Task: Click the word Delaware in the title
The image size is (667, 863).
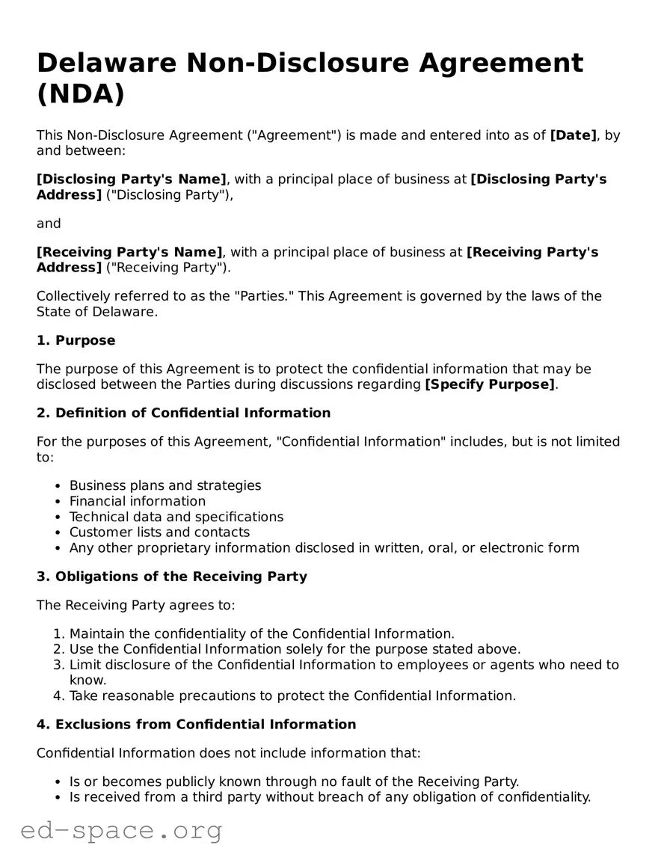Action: [105, 62]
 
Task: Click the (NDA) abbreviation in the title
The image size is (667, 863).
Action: [81, 95]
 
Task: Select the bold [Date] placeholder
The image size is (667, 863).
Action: [574, 135]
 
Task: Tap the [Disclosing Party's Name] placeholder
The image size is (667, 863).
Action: [132, 179]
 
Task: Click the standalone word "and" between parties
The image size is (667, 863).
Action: [49, 224]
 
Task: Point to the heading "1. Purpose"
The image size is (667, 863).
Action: [76, 341]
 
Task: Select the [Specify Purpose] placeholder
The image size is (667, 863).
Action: [490, 385]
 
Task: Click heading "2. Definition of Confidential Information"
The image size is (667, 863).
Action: [184, 414]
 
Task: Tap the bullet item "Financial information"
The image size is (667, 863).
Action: [138, 502]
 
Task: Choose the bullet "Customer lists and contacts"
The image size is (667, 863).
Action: [159, 532]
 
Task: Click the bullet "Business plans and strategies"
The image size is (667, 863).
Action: [165, 486]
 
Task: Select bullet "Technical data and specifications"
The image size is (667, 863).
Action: [176, 518]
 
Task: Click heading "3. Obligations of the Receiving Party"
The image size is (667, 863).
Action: [172, 577]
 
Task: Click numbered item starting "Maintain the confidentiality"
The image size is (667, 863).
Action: [262, 634]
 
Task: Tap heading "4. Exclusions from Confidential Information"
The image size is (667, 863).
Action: [197, 725]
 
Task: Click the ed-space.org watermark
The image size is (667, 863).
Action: [121, 831]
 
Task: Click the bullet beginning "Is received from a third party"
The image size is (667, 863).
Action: [330, 797]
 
